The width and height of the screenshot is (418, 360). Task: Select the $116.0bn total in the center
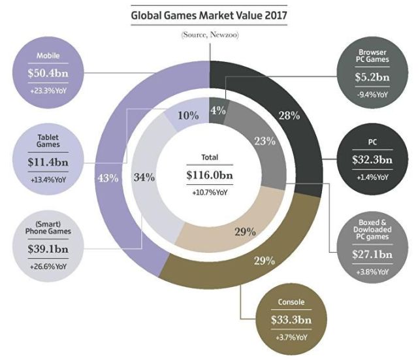click(x=209, y=176)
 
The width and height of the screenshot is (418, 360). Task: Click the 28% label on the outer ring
click(x=288, y=116)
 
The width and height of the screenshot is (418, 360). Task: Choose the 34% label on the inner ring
click(x=144, y=177)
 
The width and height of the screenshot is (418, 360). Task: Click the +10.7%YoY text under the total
click(x=209, y=193)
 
